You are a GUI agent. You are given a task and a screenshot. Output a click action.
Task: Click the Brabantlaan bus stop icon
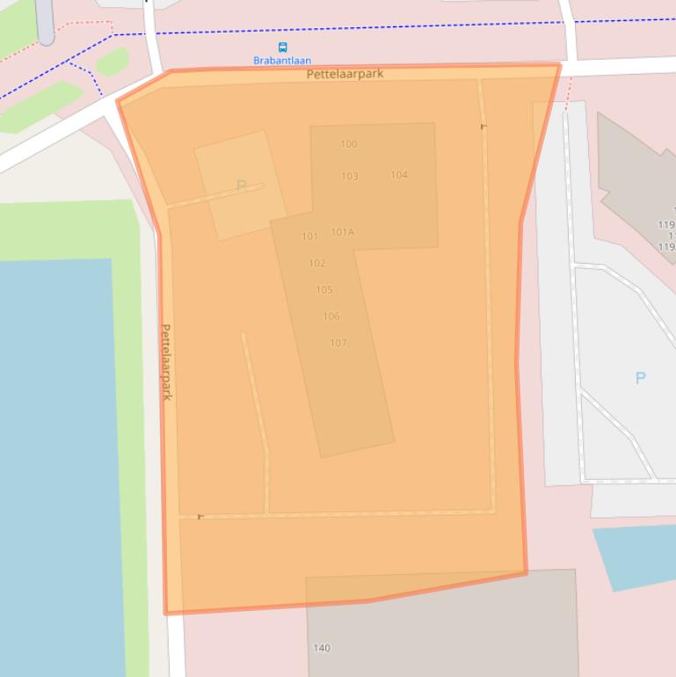(282, 47)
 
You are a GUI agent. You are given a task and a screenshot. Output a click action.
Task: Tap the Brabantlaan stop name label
(282, 61)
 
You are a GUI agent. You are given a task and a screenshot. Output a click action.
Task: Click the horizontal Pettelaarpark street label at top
(345, 75)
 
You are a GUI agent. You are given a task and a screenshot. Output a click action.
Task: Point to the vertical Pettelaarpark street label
(166, 361)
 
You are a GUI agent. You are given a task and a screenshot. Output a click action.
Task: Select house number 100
(349, 144)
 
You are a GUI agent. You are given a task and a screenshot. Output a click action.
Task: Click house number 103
(350, 176)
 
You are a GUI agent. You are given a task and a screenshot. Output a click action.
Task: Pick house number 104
(399, 175)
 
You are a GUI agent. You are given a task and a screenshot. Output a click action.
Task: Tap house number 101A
(342, 232)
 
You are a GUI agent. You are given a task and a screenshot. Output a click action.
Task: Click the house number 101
(309, 237)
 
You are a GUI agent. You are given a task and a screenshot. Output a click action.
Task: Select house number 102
(317, 263)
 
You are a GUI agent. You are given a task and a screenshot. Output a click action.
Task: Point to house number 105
(324, 290)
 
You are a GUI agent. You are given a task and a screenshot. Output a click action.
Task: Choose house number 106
(331, 317)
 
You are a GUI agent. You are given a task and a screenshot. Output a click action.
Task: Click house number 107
(338, 343)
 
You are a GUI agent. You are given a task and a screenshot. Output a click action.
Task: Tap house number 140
(322, 648)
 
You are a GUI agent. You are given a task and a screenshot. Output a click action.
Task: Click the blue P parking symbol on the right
(640, 378)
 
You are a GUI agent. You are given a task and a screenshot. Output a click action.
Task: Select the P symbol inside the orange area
(241, 186)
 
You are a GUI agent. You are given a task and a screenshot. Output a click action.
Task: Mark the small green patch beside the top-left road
(112, 62)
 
